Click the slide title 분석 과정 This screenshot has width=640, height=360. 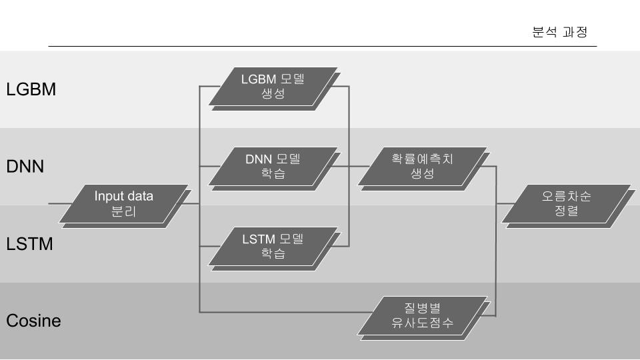559,32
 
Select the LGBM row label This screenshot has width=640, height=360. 31,89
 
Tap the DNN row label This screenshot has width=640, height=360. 25,166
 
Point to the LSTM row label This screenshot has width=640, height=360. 29,244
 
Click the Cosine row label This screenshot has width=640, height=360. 33,321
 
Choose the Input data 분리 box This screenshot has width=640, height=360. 124,205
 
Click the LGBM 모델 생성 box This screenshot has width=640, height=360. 273,87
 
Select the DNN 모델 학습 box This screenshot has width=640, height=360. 273,167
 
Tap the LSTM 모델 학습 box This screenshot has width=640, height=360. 273,245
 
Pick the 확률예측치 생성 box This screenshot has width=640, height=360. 423,166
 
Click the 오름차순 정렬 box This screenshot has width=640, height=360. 567,204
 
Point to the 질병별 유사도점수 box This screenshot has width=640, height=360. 423,315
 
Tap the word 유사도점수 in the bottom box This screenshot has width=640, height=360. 423,323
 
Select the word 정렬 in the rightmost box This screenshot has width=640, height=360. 567,211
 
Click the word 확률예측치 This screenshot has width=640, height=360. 423,159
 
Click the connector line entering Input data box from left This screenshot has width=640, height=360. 60,203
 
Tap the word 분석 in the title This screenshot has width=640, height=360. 544,32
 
